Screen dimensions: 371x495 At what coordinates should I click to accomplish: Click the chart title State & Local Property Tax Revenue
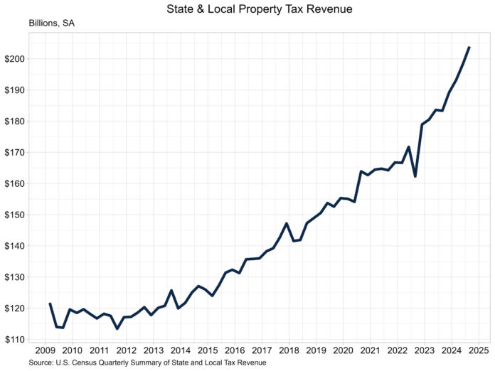click(247, 9)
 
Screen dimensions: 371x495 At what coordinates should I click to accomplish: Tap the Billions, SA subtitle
click(52, 23)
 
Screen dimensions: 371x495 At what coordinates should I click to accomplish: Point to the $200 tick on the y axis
click(15, 59)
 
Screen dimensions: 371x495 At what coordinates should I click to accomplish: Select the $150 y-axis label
click(15, 215)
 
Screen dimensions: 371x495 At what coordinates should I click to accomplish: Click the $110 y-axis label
click(15, 340)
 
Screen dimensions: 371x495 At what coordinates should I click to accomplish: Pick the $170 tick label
click(15, 152)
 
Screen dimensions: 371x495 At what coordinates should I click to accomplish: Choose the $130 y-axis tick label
click(15, 277)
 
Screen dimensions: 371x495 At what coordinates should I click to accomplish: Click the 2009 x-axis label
click(45, 351)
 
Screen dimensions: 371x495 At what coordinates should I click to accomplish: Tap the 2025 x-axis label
click(478, 351)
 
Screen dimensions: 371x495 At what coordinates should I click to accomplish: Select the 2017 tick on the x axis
click(261, 351)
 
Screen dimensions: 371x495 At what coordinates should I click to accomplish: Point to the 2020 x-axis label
click(343, 351)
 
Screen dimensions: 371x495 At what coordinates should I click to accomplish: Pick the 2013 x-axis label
click(153, 351)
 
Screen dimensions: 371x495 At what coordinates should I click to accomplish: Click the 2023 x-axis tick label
click(424, 351)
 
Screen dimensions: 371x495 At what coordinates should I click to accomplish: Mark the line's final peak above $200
click(469, 48)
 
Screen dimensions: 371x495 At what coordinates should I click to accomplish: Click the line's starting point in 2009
click(50, 303)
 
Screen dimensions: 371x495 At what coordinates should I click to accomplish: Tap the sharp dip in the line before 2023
click(415, 176)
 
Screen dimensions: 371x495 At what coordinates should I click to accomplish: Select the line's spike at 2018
click(286, 223)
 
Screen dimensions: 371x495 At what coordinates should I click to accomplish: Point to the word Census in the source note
click(91, 362)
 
